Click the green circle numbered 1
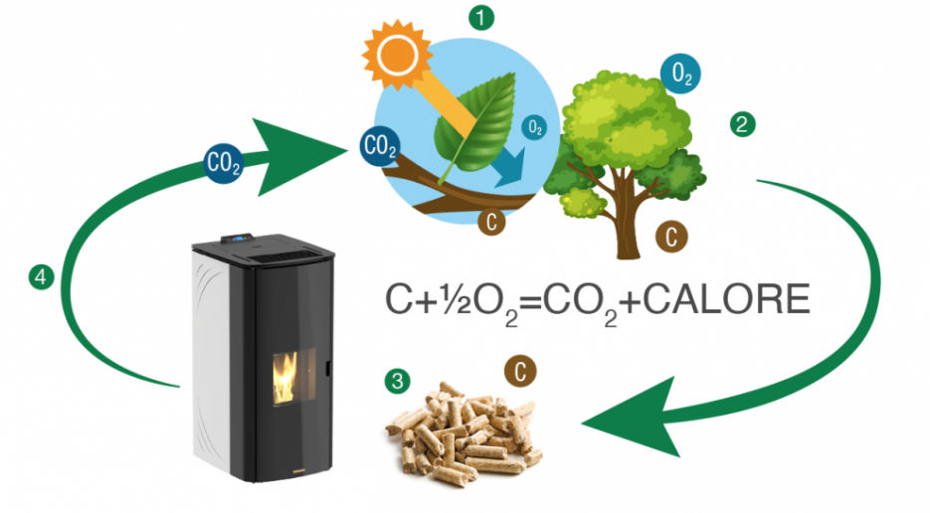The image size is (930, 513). pos(481,17)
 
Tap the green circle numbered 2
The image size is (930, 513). pos(742,124)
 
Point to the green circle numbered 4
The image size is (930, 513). pos(41,277)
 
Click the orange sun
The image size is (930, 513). pos(398,55)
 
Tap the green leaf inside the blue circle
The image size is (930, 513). pos(475,124)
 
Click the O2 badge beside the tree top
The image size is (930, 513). pos(681,75)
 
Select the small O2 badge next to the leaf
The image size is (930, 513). pos(534,127)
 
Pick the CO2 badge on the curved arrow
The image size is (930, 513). pos(223,163)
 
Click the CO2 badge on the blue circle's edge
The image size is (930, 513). pos(380,146)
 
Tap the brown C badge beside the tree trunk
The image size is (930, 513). pos(671,237)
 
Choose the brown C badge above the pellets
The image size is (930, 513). pos(520,372)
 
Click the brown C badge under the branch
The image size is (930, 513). pos(491,222)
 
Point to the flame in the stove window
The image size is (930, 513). pos(285,379)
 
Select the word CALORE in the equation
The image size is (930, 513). pos(726,299)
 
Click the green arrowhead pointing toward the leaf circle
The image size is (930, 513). pos(299,156)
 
